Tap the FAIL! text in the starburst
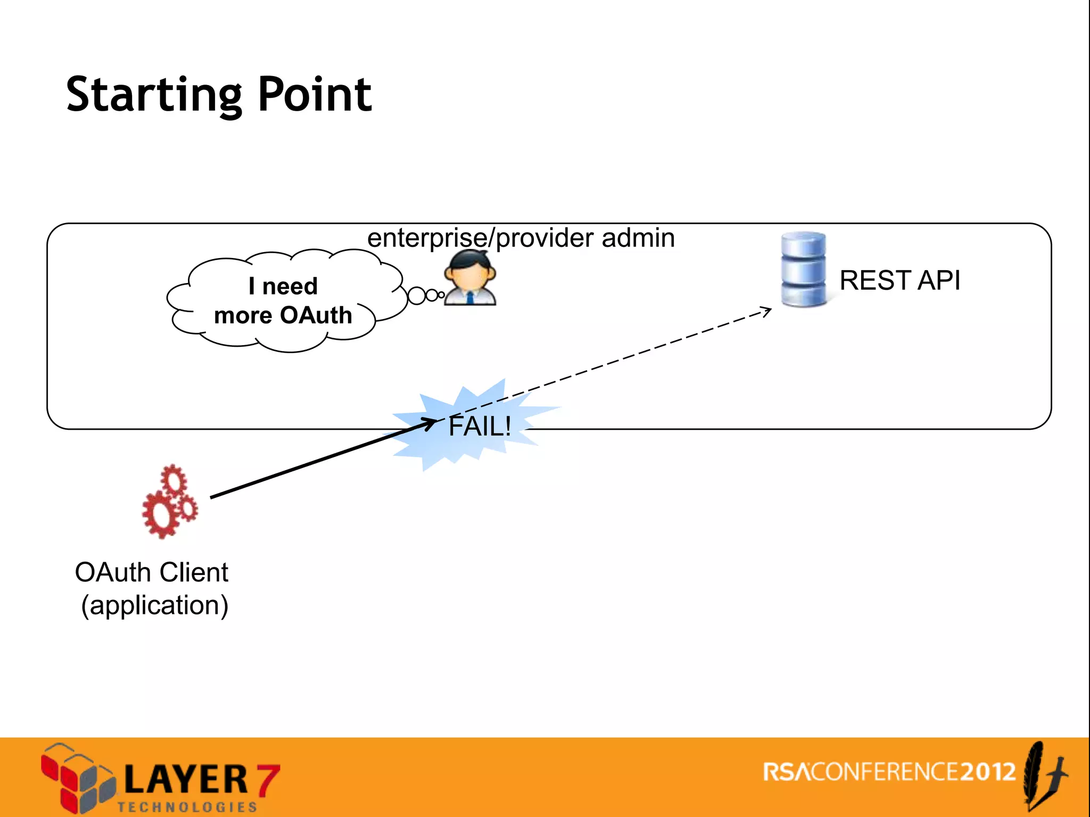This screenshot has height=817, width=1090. click(480, 426)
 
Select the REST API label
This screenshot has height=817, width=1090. click(899, 280)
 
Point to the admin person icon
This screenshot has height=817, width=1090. click(470, 278)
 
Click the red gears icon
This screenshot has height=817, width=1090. click(169, 502)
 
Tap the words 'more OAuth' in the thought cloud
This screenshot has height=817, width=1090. click(283, 315)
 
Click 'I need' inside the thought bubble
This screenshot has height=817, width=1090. click(283, 286)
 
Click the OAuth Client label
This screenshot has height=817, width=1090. click(152, 572)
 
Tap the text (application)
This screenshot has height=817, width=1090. click(154, 605)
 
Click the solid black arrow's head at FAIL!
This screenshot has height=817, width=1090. click(431, 422)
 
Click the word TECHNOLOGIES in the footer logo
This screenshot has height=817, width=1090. click(187, 807)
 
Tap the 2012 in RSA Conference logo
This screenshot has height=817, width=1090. click(988, 772)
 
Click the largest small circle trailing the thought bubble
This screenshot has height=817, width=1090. click(416, 296)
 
